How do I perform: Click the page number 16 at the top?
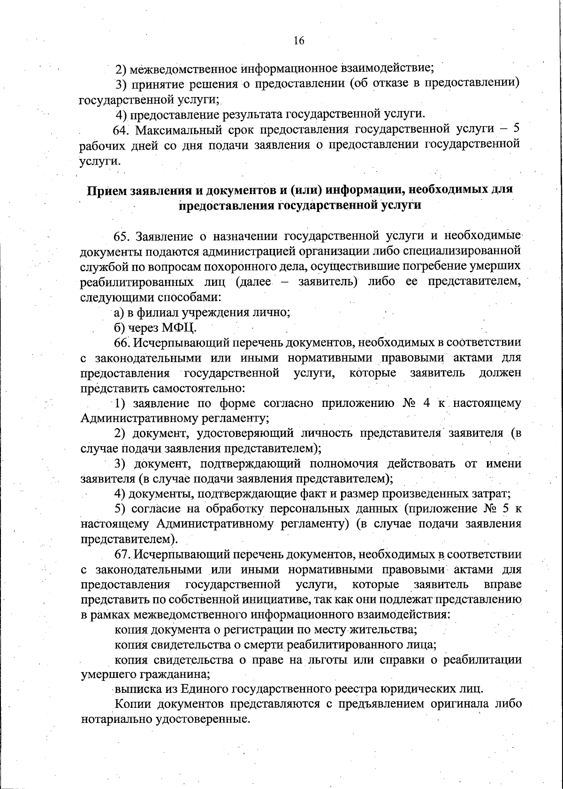[x=299, y=41]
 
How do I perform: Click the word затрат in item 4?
[x=493, y=494]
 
